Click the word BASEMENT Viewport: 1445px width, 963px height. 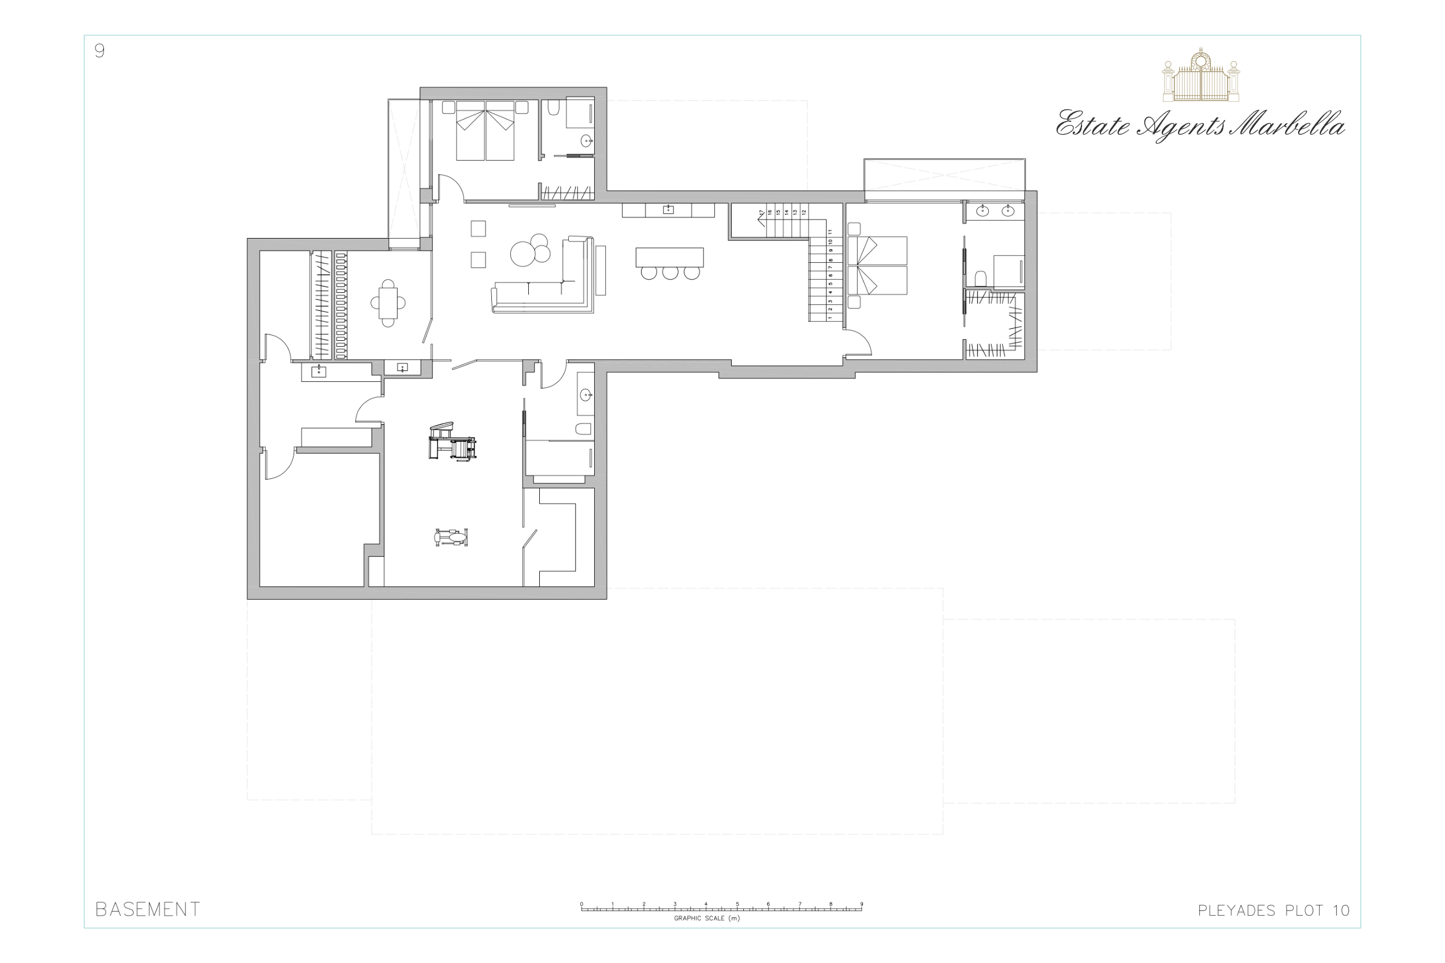147,910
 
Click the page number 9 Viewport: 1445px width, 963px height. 99,50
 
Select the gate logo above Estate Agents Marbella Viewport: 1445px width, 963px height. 1201,75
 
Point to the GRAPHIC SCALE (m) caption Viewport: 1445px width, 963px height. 706,919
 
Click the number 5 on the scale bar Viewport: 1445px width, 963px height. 738,904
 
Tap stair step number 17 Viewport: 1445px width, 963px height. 761,213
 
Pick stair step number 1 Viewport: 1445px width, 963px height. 830,318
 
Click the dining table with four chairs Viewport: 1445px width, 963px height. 388,303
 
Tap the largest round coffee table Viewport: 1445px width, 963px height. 523,254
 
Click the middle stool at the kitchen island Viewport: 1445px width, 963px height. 670,273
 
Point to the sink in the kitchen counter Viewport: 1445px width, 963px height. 668,210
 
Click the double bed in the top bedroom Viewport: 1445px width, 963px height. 485,131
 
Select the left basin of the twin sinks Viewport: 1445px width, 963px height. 983,211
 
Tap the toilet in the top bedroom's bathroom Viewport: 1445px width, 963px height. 553,108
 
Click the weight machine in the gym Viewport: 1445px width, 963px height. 452,441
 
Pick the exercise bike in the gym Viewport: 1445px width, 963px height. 451,537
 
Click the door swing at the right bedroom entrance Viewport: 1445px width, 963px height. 858,343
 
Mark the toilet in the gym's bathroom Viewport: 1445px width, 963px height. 583,429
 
